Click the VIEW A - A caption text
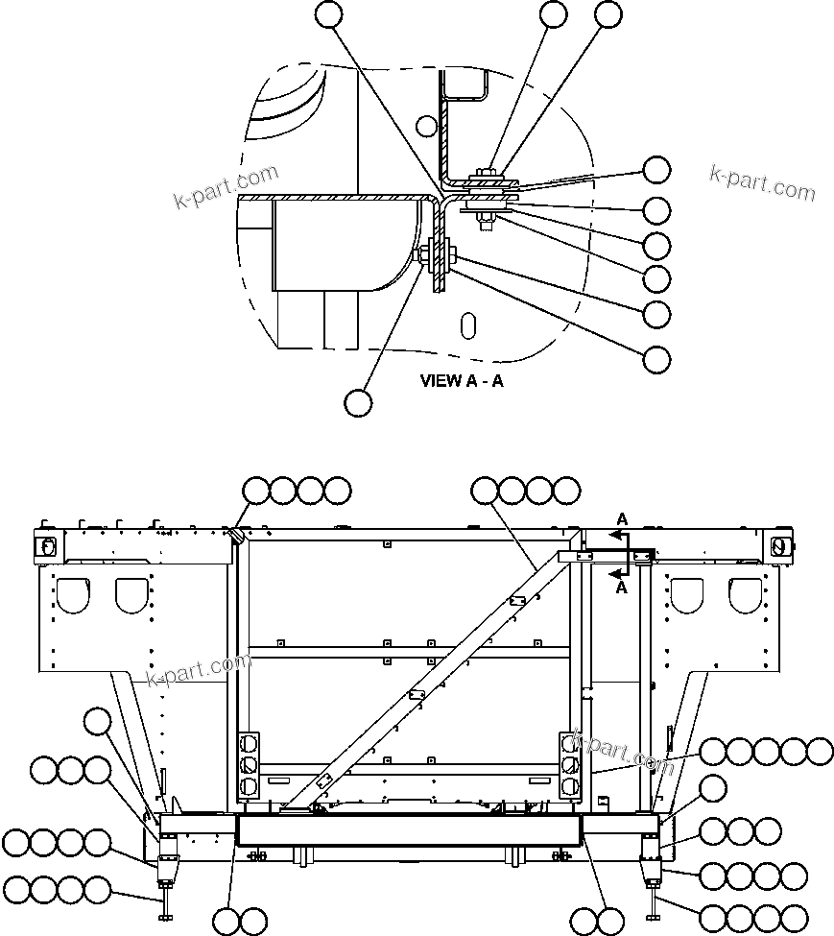coord(462,380)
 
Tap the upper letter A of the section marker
coord(622,519)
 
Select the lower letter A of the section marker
coord(622,588)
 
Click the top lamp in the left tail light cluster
coord(249,743)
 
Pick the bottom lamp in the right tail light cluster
coord(568,786)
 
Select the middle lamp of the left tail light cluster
coord(249,764)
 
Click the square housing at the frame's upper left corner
coord(45,545)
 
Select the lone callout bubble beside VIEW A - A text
coord(358,402)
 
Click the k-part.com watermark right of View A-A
coord(762,182)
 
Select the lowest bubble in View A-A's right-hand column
coord(656,359)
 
